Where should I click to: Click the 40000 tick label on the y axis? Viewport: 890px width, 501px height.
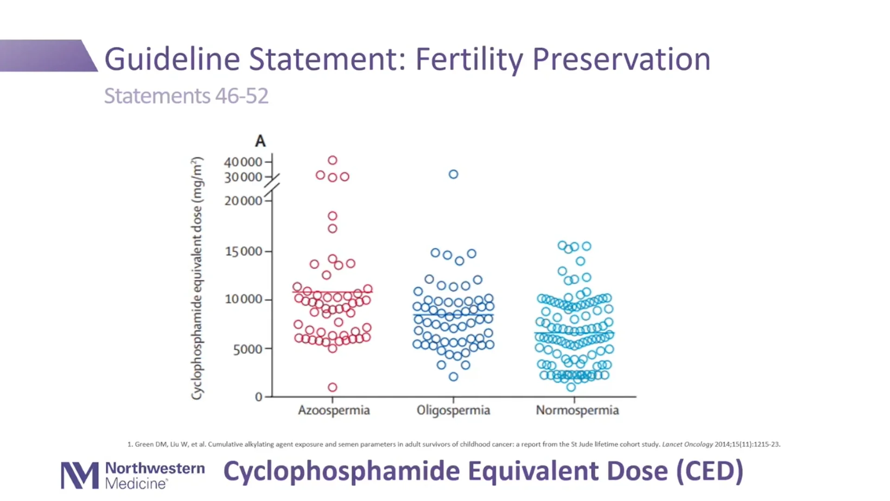point(243,162)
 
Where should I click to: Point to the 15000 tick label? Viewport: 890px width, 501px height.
point(243,251)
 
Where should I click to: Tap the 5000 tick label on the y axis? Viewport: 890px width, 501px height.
point(248,349)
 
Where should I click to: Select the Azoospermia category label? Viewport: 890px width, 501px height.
point(334,410)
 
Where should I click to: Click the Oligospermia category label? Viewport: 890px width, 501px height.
point(453,410)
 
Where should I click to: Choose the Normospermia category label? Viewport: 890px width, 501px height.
point(577,410)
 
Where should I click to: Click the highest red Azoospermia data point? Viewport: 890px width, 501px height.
point(332,161)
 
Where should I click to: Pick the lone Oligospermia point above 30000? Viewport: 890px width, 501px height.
point(453,174)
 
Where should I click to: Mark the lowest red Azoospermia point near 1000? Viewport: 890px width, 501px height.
point(332,387)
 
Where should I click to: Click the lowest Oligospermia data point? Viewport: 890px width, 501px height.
point(453,377)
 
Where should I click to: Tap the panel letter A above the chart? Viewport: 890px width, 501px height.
point(260,141)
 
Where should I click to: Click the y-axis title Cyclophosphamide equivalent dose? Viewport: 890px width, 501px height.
point(197,278)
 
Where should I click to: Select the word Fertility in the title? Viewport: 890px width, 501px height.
point(469,59)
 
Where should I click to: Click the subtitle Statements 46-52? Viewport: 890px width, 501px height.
point(186,96)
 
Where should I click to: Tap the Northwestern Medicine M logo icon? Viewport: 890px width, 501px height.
point(80,475)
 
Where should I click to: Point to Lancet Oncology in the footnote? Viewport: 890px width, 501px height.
point(687,444)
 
